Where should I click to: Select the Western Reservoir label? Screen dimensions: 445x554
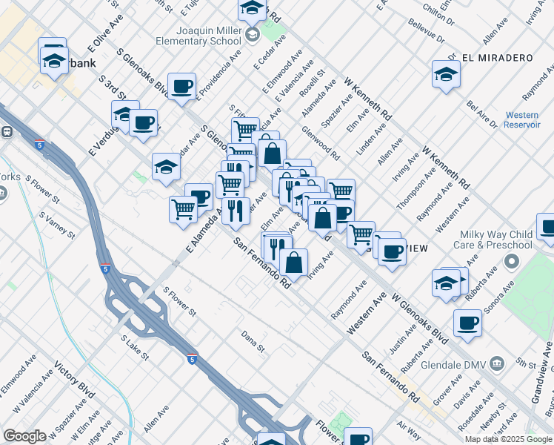522,120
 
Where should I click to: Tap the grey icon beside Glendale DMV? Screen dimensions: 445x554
497,363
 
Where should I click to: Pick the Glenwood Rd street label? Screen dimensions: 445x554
320,143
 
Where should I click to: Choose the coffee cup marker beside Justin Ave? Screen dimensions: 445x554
467,323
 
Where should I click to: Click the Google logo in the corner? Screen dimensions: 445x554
24,436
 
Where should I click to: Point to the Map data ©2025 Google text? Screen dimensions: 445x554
508,439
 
